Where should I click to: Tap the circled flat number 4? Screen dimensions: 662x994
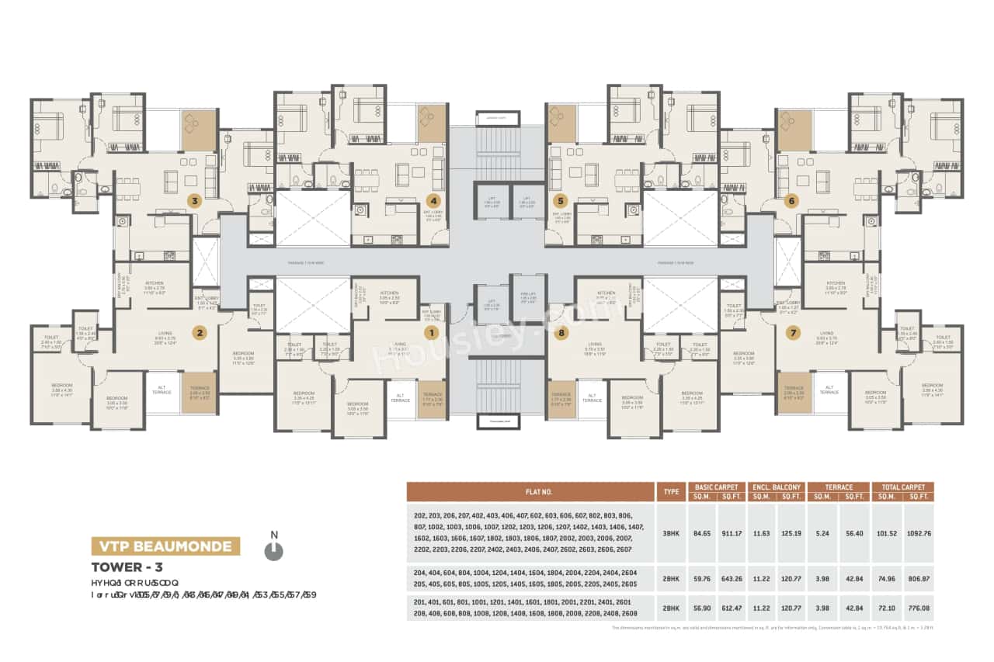(x=433, y=200)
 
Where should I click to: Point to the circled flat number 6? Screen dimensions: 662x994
(x=792, y=200)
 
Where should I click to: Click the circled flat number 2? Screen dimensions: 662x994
(x=200, y=333)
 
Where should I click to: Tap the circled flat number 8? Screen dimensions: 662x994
(x=562, y=333)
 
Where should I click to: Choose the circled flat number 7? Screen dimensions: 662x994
(x=793, y=333)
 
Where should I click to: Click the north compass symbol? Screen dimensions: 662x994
(x=273, y=550)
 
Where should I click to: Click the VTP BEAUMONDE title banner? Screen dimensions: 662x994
(x=165, y=546)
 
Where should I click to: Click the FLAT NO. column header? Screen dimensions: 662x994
(x=530, y=492)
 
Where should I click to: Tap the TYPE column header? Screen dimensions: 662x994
(x=670, y=492)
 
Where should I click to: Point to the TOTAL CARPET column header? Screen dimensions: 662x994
(x=902, y=487)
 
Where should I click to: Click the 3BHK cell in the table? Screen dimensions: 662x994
(x=670, y=533)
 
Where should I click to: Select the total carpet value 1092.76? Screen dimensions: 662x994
(x=918, y=533)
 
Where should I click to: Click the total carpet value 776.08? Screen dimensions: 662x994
(x=918, y=608)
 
